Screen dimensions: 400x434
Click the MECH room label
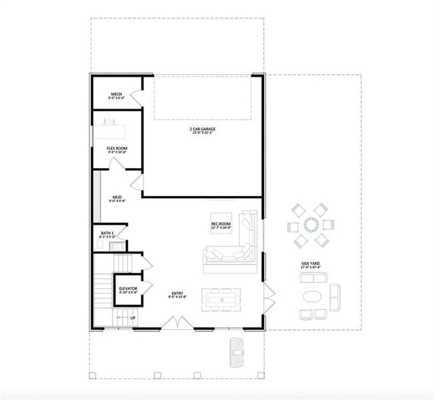point(116,95)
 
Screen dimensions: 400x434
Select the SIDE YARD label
point(310,265)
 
